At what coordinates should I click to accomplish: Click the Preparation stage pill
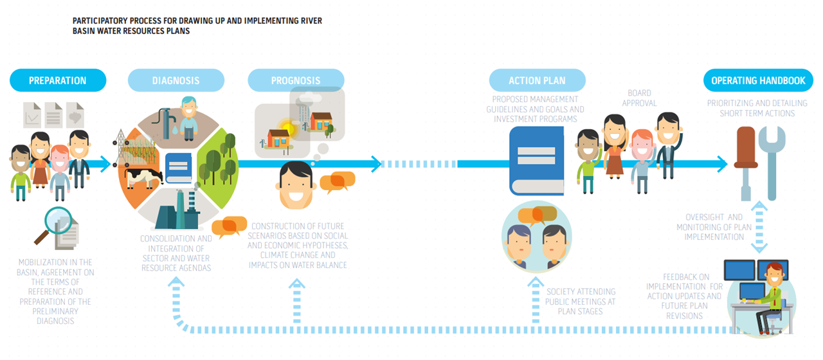point(57,80)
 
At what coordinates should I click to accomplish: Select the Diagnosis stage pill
point(176,80)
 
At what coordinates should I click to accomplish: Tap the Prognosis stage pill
point(296,80)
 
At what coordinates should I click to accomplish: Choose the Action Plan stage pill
point(537,80)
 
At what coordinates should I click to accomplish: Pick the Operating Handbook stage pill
point(758,80)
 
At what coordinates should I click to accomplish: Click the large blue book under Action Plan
point(536,161)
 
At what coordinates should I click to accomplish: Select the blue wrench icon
point(771,161)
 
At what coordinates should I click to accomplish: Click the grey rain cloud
point(307,99)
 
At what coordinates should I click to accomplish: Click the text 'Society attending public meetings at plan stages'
point(580,301)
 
